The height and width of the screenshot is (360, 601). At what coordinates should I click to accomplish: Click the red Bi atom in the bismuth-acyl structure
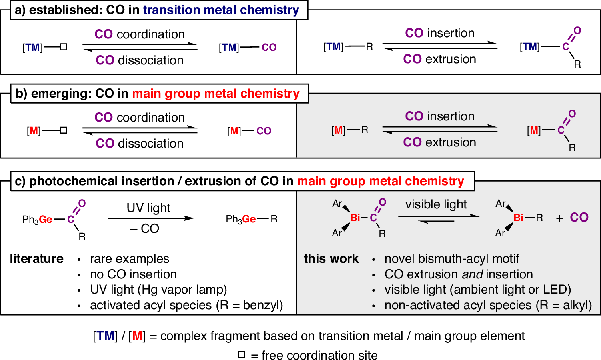coord(355,218)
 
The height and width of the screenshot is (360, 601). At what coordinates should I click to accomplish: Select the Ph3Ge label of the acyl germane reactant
coord(37,219)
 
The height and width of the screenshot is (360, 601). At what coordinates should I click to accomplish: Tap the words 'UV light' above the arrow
coord(148,208)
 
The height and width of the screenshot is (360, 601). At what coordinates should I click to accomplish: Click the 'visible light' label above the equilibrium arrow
coord(436,204)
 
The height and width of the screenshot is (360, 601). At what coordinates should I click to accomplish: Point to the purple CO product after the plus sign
coord(579,218)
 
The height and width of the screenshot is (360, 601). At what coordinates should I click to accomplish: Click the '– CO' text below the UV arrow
coord(145,229)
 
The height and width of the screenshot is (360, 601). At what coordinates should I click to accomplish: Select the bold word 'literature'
coord(36,259)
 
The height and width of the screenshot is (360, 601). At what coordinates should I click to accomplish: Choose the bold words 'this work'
coord(331,259)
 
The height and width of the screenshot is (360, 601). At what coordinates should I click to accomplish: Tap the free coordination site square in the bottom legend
coord(241,354)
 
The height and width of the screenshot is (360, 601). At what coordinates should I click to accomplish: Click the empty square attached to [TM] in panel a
coord(63,47)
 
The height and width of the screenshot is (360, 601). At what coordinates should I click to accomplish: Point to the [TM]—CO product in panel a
coord(248,48)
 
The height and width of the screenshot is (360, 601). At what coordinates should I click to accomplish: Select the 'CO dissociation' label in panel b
coord(140,143)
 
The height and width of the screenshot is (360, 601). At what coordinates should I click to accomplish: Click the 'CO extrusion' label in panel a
coord(439,59)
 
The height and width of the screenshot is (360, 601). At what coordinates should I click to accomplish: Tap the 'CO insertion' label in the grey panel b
coord(439,116)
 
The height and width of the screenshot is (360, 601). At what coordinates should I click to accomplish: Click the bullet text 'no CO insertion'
coord(133,274)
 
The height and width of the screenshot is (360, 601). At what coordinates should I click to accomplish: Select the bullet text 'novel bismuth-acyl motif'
coord(452,259)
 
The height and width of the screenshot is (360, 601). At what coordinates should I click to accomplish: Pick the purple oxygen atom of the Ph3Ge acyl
coord(82,204)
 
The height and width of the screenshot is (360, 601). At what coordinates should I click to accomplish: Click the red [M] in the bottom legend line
coord(137,336)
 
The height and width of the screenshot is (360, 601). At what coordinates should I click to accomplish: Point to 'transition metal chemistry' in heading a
coord(221,10)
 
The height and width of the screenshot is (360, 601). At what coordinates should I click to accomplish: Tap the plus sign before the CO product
coord(559,218)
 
